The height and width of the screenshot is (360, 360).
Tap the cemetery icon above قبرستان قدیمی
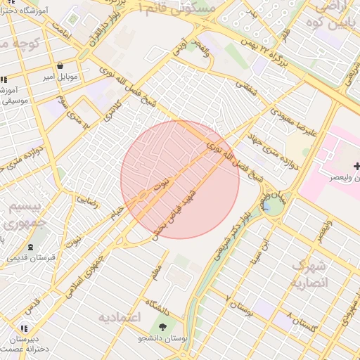30,247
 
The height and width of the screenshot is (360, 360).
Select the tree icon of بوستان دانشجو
163,327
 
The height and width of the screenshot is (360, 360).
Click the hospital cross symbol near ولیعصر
357,167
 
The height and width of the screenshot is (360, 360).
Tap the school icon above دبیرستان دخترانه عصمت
24,328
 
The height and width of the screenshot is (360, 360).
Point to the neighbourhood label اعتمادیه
120,317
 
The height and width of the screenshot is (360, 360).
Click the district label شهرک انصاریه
310,274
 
